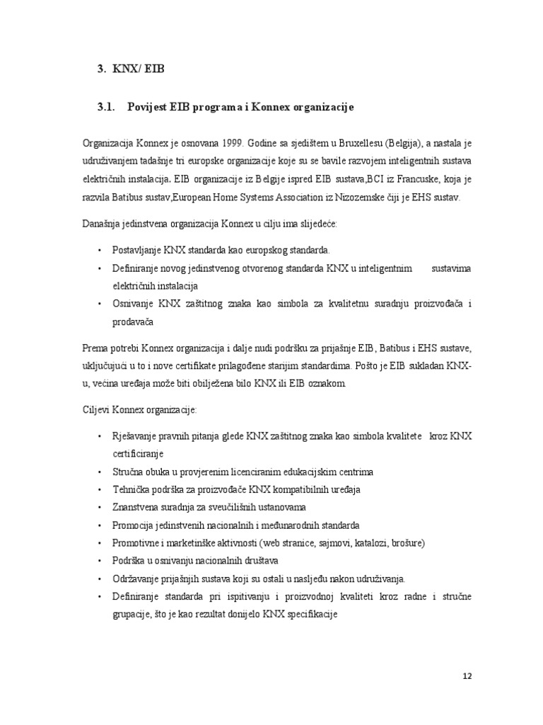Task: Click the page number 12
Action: click(x=467, y=675)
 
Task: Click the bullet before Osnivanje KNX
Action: click(x=99, y=304)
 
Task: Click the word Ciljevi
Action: click(x=98, y=410)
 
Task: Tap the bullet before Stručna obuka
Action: click(x=99, y=472)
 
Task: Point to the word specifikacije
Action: click(x=310, y=614)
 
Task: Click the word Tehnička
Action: click(x=132, y=490)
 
